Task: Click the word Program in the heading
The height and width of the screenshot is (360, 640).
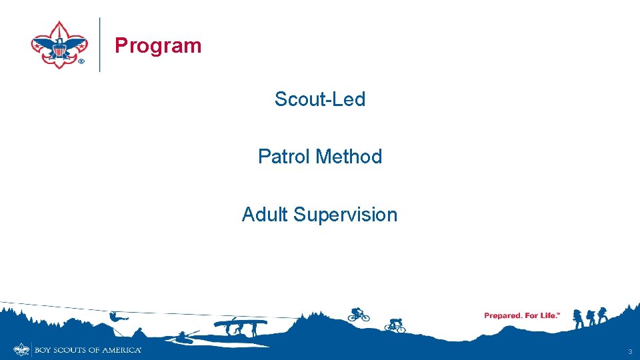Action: (158, 45)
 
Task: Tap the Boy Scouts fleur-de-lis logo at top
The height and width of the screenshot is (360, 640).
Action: (59, 44)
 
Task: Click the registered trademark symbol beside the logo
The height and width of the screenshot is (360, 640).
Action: (81, 61)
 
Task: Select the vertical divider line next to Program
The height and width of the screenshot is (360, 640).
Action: (100, 44)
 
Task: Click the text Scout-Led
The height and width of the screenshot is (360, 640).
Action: (320, 99)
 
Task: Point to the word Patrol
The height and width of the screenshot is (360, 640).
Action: (285, 157)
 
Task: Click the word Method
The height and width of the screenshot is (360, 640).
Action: (349, 157)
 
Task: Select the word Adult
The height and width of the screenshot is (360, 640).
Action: (265, 215)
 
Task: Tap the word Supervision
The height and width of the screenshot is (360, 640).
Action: (345, 215)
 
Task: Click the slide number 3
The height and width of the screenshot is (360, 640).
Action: (629, 351)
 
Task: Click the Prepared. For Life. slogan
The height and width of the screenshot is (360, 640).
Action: (522, 315)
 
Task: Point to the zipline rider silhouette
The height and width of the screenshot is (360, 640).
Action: (115, 316)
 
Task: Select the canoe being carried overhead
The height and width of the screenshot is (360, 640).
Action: (240, 323)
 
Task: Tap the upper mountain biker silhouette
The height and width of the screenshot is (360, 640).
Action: (358, 314)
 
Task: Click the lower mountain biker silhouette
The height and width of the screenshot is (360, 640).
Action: (395, 325)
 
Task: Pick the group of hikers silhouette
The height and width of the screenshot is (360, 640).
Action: (591, 317)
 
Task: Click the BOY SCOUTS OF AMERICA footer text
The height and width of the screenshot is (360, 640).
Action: (87, 350)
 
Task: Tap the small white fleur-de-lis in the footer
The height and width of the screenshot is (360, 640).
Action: (22, 349)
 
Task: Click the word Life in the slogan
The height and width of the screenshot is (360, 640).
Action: (546, 315)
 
